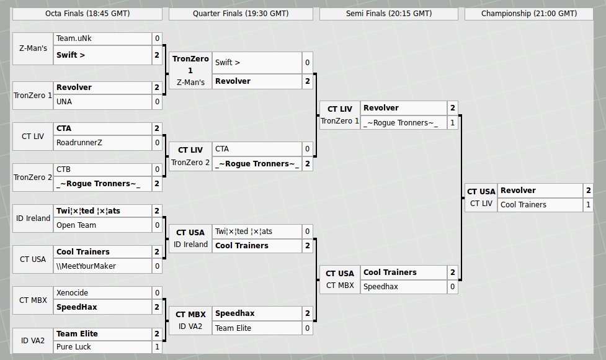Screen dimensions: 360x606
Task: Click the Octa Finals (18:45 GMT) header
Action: (87, 13)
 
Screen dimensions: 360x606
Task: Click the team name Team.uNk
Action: (74, 38)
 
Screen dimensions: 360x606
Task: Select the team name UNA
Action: (65, 101)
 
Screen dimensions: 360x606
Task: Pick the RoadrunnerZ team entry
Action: (79, 143)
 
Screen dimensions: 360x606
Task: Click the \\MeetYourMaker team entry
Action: (86, 266)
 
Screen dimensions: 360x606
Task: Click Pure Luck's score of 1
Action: (157, 348)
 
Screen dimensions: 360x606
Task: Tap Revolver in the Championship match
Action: (518, 191)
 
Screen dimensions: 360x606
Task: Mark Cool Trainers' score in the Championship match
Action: (588, 204)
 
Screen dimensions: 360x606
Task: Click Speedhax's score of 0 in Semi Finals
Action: (452, 287)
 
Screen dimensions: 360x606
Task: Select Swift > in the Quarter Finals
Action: (227, 62)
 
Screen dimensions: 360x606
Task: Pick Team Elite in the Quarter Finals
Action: (233, 328)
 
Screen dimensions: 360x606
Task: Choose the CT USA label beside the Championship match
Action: (481, 192)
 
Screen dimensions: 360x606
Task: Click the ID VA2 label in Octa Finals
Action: (33, 340)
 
